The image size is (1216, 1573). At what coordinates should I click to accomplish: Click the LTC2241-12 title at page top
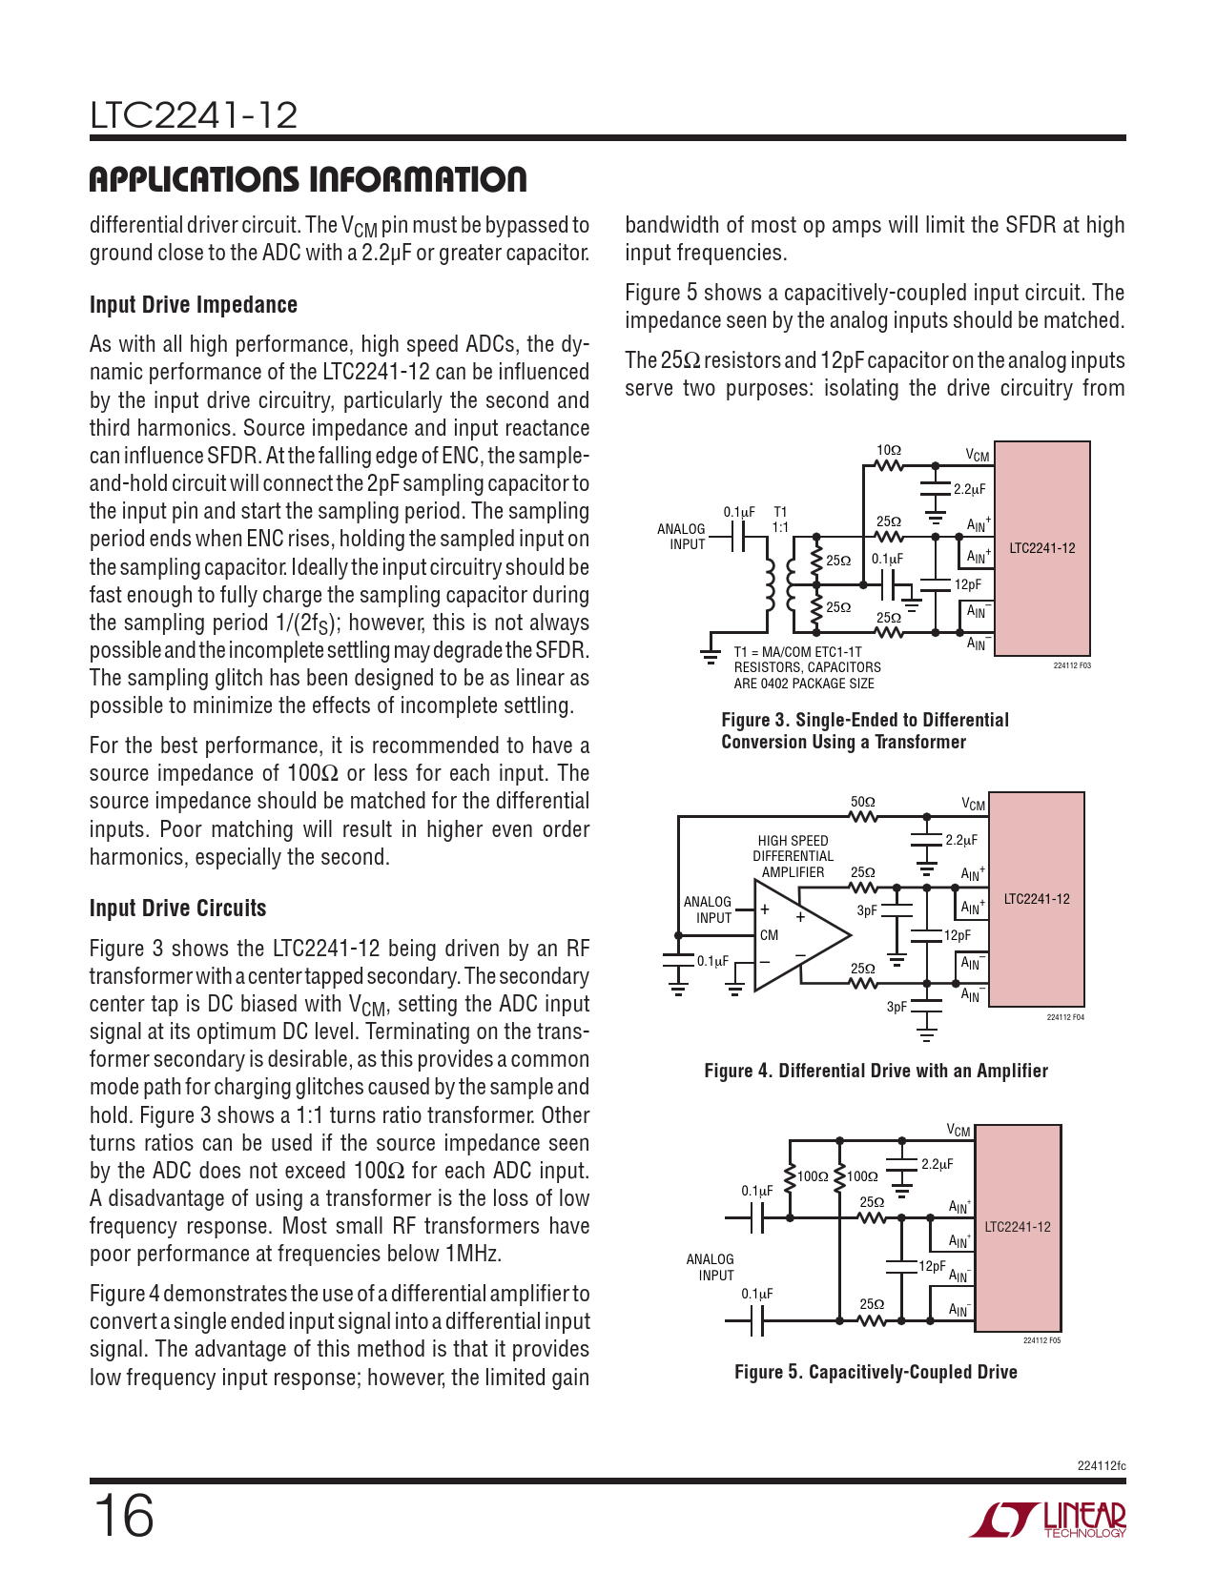194,116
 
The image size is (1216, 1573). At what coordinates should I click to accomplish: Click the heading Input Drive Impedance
194,305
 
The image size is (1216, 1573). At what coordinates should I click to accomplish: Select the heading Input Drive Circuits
178,909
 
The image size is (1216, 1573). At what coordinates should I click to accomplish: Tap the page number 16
123,1516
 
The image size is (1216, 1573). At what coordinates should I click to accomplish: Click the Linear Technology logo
1049,1520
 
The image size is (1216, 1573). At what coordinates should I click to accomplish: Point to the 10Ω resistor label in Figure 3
888,450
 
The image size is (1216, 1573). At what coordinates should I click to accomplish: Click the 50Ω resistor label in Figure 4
862,802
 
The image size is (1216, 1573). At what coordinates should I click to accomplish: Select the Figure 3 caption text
864,731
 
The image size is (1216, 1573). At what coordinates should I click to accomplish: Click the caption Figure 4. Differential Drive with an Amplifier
876,1071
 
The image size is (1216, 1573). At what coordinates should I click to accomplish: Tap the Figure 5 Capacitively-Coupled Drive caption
876,1372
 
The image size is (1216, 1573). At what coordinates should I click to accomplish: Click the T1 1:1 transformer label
780,520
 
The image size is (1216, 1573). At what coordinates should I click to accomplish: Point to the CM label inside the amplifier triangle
769,935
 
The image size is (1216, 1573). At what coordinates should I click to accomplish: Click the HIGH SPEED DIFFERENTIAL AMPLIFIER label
793,856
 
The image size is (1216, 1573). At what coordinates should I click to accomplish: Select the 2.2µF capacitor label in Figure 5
937,1164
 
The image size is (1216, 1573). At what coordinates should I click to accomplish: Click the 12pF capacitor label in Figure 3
967,584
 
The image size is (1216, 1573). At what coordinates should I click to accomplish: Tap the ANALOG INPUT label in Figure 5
711,1267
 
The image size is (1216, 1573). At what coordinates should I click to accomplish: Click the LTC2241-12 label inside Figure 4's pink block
1037,899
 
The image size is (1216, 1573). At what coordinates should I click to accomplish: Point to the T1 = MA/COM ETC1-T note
797,652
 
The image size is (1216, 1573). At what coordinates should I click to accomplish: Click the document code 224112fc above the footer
1101,1465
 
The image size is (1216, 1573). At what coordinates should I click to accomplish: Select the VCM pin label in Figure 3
978,456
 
